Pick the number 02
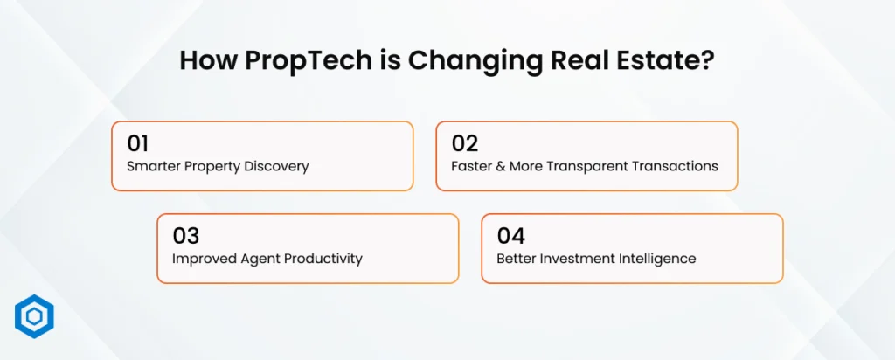click(x=465, y=143)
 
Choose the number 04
click(x=511, y=235)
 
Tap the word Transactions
click(x=675, y=166)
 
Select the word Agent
click(x=254, y=258)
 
